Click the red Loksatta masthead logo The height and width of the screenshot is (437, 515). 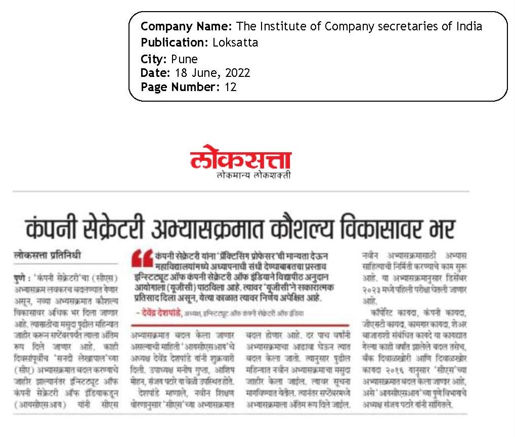point(241,159)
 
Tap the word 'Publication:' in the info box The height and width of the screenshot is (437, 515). point(175,42)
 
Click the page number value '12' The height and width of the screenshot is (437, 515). point(230,87)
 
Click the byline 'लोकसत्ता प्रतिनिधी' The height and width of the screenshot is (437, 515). point(47,256)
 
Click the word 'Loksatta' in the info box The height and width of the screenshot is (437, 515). point(235,42)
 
